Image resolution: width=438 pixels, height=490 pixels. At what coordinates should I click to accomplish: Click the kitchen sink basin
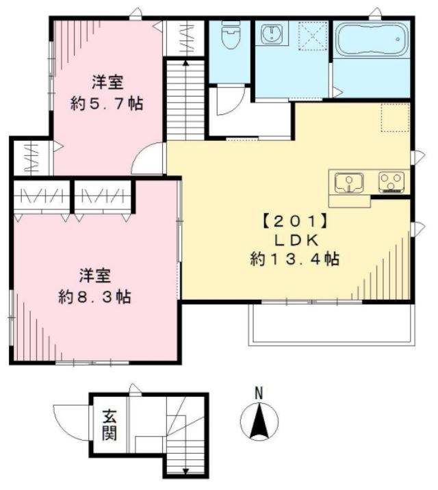click(350, 183)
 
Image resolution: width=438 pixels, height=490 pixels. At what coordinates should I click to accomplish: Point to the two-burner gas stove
click(391, 182)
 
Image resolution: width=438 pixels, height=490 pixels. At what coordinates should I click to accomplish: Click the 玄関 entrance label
click(109, 424)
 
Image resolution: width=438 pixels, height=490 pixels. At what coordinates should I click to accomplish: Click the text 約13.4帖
click(295, 259)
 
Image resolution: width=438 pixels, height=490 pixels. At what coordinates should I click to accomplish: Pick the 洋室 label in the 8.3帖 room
click(95, 276)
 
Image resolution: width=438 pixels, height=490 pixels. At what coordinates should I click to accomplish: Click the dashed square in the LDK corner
click(395, 118)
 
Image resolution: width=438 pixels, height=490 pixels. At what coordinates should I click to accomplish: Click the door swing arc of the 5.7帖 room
click(149, 159)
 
